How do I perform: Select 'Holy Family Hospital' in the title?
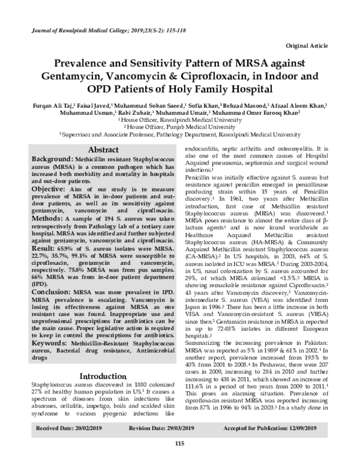pyautogui.click(x=215, y=88)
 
